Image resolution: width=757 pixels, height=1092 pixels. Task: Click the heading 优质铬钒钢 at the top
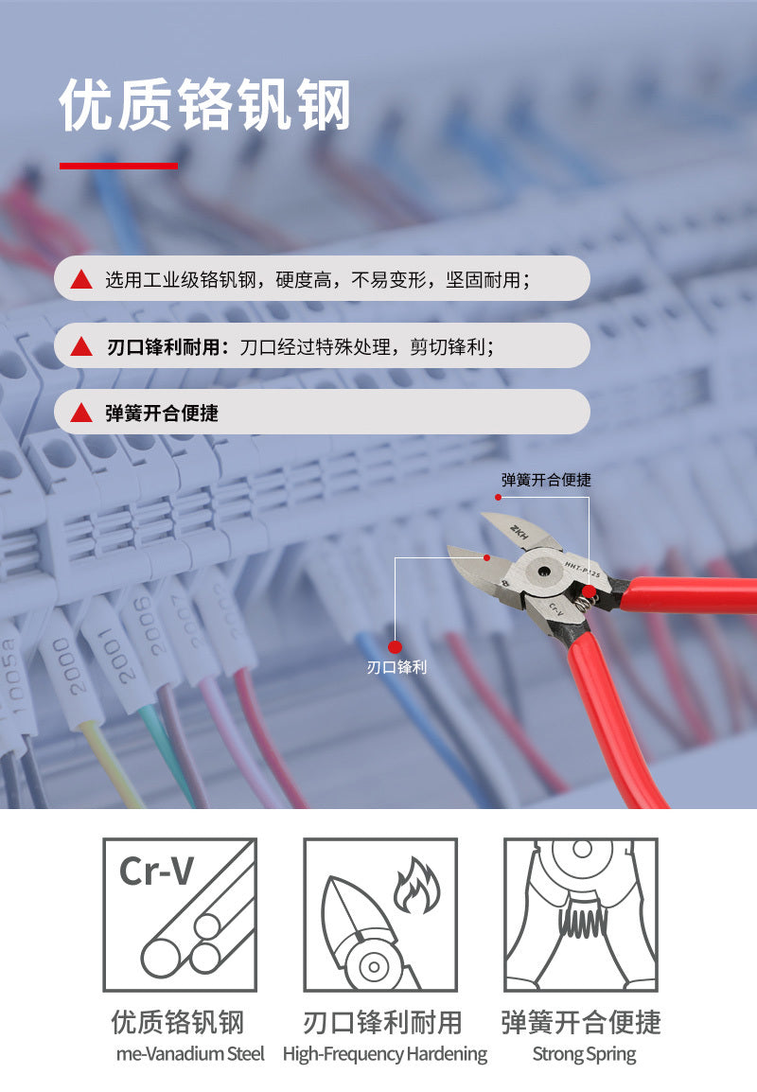[x=204, y=105]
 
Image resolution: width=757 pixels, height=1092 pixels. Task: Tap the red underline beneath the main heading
[x=118, y=166]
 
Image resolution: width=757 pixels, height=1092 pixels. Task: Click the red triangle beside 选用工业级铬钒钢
[x=81, y=279]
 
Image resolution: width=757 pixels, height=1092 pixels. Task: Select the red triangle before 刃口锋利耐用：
[x=81, y=346]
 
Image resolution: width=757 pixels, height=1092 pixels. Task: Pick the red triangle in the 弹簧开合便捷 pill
[x=81, y=413]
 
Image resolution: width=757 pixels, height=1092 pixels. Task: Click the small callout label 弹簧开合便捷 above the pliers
[x=546, y=480]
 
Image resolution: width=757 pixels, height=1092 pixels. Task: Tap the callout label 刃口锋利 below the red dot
[x=396, y=667]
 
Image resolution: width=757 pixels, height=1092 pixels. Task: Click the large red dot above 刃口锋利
[x=396, y=646]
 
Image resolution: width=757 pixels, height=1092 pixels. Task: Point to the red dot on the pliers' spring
[x=589, y=592]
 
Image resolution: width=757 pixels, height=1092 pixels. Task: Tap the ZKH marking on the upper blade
[x=521, y=529]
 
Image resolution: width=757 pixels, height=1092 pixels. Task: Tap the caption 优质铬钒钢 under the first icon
[x=178, y=1022]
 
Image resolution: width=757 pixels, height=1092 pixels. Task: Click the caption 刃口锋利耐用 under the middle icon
[x=382, y=1022]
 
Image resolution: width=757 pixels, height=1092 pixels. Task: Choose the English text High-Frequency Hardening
[x=384, y=1053]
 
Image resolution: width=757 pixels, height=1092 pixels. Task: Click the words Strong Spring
[x=584, y=1053]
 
